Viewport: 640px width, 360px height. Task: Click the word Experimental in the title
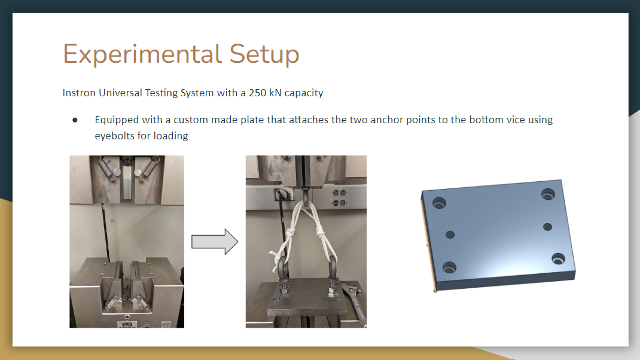pos(142,54)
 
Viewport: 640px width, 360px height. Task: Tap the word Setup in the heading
pos(264,54)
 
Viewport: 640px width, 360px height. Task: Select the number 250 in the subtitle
pos(258,93)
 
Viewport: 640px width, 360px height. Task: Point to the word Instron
pos(79,93)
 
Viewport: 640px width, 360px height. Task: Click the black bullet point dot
pos(75,120)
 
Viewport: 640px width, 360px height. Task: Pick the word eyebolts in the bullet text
pos(115,136)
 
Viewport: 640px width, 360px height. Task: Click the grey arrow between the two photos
pos(215,242)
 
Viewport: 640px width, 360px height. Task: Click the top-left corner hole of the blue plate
pos(439,203)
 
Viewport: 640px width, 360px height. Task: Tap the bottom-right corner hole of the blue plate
pos(559,258)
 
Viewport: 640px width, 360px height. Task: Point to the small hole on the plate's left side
pos(450,234)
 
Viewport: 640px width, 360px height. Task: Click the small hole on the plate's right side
pos(547,227)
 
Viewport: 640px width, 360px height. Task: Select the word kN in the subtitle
pos(275,93)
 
